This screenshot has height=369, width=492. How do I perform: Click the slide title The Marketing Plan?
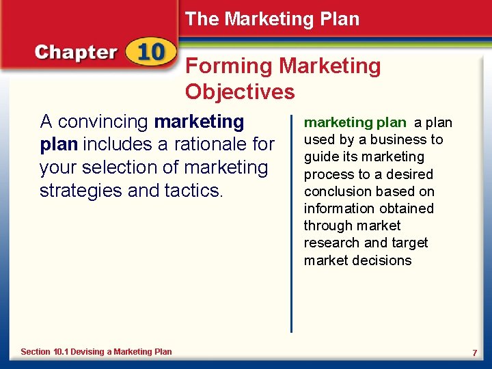click(272, 19)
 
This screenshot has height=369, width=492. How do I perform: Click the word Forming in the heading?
click(229, 66)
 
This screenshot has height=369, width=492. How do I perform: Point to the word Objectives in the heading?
click(240, 92)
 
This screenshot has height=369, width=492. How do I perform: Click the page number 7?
click(474, 352)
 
